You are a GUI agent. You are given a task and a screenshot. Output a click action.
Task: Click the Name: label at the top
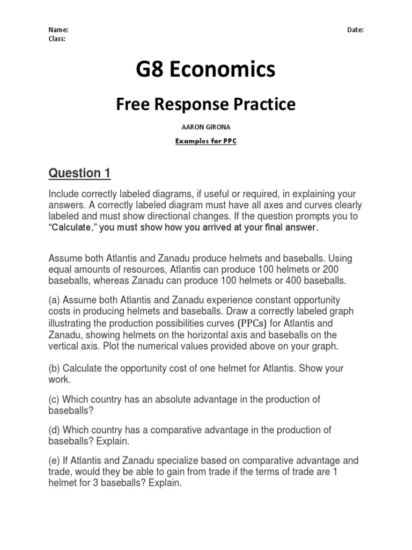[x=58, y=31]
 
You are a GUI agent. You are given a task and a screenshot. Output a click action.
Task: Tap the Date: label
[x=355, y=31]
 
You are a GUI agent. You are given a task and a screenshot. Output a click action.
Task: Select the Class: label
[x=57, y=39]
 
